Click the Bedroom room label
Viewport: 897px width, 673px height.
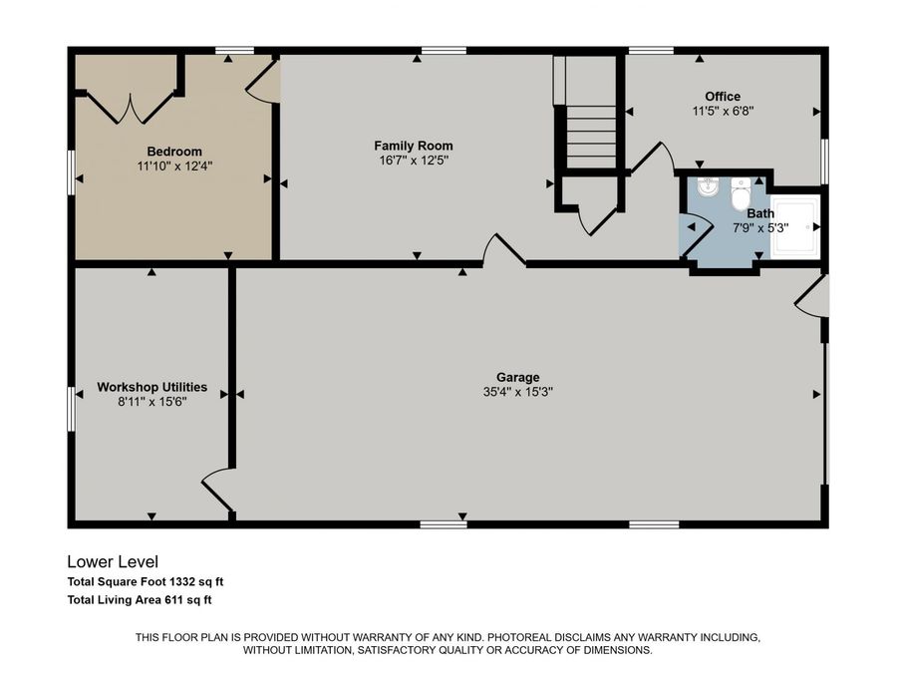pyautogui.click(x=174, y=152)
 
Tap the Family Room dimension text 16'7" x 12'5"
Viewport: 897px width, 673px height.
pyautogui.click(x=414, y=161)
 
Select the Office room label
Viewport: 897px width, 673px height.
pyautogui.click(x=722, y=97)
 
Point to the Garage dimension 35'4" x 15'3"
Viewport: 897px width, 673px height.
pyautogui.click(x=518, y=392)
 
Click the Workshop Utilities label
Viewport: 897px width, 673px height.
pyautogui.click(x=151, y=387)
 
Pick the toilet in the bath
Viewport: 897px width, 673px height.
pyautogui.click(x=741, y=193)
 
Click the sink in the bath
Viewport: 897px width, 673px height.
pyautogui.click(x=709, y=187)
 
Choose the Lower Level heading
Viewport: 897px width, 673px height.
pyautogui.click(x=112, y=562)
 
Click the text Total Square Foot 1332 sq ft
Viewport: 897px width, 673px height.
pyautogui.click(x=151, y=582)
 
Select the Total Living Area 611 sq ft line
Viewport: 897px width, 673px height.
pyautogui.click(x=140, y=600)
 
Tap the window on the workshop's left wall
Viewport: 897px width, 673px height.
pyautogui.click(x=71, y=409)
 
